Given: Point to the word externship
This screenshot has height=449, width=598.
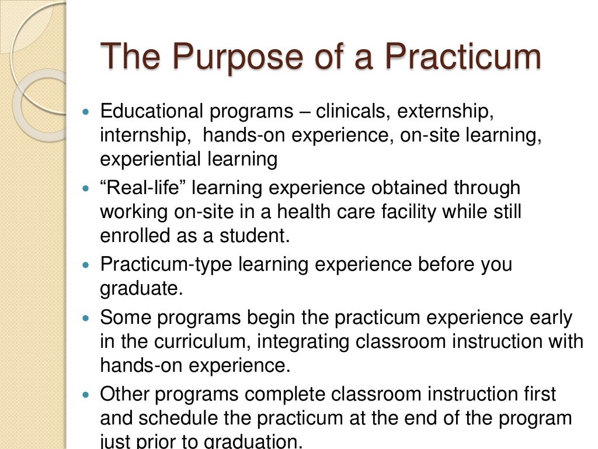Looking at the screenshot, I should [x=457, y=111].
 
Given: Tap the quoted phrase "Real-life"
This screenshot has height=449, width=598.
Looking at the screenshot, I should [x=142, y=188].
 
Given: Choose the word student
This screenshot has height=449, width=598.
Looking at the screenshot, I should [x=262, y=236].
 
